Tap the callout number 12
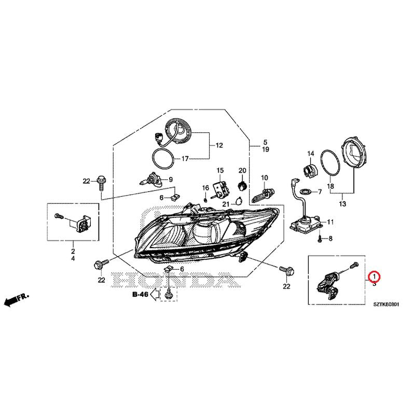pyautogui.click(x=219, y=145)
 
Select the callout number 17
pyautogui.click(x=185, y=158)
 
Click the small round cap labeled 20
pyautogui.click(x=241, y=184)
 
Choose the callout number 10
pyautogui.click(x=265, y=178)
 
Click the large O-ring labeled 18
pyautogui.click(x=329, y=162)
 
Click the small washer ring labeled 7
pyautogui.click(x=306, y=191)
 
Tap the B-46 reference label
pyautogui.click(x=141, y=294)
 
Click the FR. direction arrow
pyautogui.click(x=16, y=299)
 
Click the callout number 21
pyautogui.click(x=226, y=204)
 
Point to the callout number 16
pyautogui.click(x=205, y=188)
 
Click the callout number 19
pyautogui.click(x=265, y=149)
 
